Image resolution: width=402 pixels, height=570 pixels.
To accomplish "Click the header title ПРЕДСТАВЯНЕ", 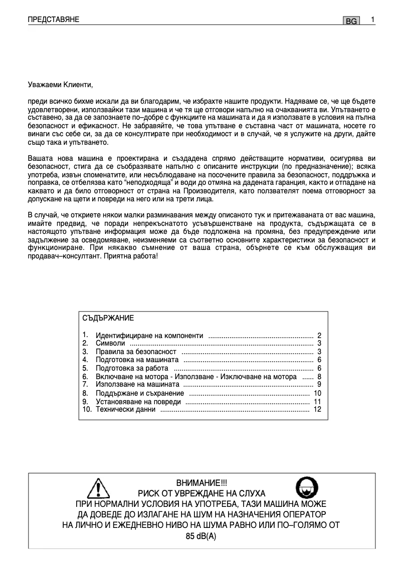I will point(54,20).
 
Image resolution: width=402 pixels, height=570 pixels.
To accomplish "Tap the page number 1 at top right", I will point(373,20).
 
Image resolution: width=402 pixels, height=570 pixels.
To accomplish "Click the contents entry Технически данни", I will point(126,410).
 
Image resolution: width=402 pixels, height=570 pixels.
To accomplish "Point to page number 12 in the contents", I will point(317,410).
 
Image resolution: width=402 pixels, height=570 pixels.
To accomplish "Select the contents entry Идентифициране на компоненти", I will point(149,335).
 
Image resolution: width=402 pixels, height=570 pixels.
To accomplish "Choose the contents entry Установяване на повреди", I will point(138,402).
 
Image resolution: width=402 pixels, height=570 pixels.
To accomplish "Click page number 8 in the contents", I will point(319,377).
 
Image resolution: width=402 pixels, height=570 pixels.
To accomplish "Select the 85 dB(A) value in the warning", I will point(201,536).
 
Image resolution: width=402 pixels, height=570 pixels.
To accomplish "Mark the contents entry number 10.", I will point(86,410).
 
